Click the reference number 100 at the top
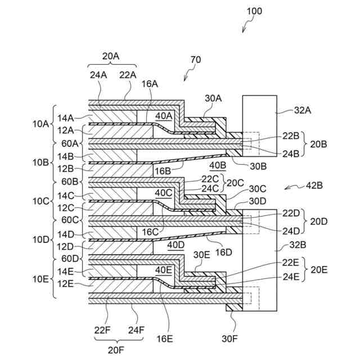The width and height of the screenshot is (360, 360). tap(254, 11)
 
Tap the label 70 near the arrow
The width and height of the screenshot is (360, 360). tap(196, 60)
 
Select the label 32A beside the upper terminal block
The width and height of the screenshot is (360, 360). tap(303, 110)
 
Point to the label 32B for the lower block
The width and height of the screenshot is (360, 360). tap(298, 245)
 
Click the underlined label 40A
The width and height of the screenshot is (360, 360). tap(164, 116)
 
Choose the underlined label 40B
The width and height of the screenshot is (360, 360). tap(218, 165)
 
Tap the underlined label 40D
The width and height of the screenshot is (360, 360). tap(176, 245)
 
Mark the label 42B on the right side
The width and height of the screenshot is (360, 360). tap(314, 185)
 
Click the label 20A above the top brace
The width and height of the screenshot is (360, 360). tap(111, 56)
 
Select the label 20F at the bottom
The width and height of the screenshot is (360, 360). tap(116, 350)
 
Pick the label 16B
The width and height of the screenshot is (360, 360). tap(163, 171)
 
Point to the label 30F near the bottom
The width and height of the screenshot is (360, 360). tap(230, 339)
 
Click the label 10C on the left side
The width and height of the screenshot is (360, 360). tap(41, 201)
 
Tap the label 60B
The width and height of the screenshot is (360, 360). tap(70, 182)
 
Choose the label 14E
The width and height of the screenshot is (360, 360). tap(65, 272)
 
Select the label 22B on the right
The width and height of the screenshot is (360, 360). tap(291, 136)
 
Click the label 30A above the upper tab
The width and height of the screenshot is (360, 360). tap(213, 98)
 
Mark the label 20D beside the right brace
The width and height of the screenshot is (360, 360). tap(319, 222)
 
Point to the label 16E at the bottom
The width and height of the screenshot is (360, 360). tap(164, 339)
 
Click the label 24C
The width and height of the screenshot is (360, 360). tap(210, 188)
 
